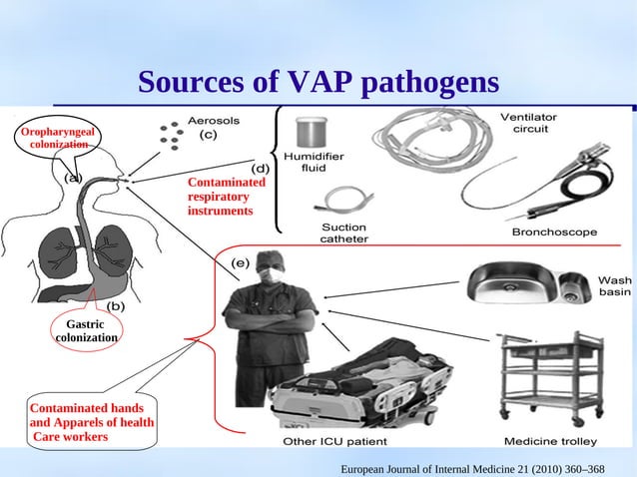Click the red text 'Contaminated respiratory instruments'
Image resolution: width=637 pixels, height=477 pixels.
click(227, 197)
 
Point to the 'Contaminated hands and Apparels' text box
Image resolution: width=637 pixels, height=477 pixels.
click(91, 422)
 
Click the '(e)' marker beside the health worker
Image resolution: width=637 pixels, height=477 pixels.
click(241, 262)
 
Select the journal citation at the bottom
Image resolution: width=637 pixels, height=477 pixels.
click(472, 467)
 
